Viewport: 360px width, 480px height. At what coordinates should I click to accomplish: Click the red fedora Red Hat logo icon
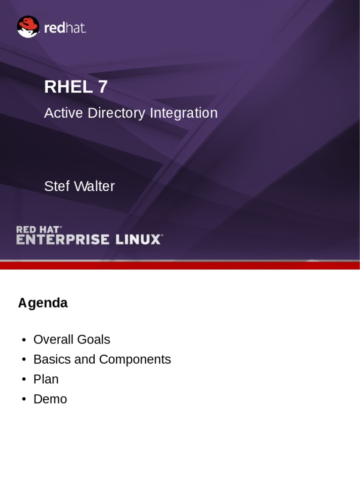pos(28,27)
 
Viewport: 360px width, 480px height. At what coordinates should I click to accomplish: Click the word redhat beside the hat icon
pos(65,28)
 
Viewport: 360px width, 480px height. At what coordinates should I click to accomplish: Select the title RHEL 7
pos(76,87)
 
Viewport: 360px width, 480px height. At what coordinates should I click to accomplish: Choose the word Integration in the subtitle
pos(184,113)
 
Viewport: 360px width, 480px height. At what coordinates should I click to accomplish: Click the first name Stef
pos(55,187)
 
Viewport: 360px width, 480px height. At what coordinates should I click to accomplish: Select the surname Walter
pos(93,187)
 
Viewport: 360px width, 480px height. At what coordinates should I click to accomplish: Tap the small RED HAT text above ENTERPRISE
pos(38,229)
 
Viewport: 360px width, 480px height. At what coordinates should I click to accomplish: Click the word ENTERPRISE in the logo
pos(62,239)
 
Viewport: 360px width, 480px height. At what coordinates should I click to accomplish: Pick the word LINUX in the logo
pos(139,239)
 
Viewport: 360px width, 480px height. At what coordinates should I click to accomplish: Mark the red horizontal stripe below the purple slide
pos(180,265)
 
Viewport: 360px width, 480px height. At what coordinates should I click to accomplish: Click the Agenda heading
pos(43,303)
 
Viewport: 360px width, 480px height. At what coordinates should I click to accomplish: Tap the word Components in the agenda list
pos(135,360)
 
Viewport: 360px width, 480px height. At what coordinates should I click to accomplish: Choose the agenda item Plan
pos(46,379)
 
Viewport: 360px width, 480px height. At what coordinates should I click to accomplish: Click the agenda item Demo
pos(50,399)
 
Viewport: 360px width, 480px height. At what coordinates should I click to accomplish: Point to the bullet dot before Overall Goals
pos(23,340)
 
